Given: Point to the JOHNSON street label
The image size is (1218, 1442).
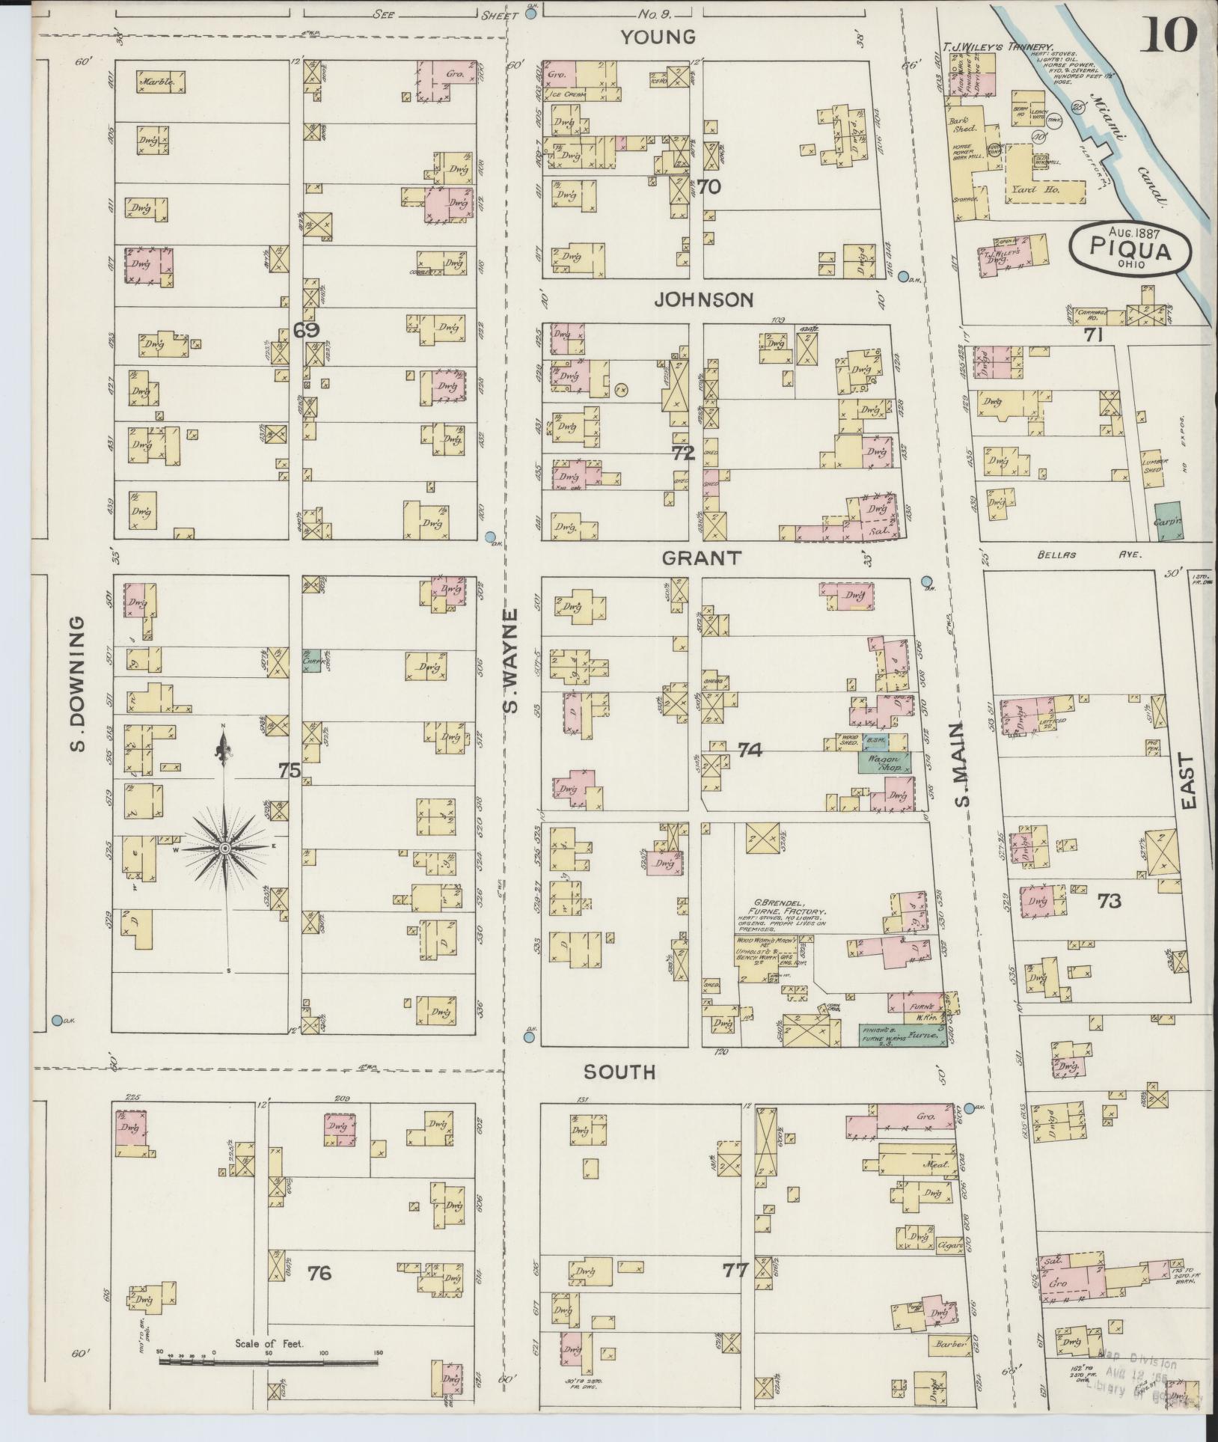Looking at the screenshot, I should coord(703,300).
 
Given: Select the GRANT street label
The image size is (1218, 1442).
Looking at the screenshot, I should coord(701,557).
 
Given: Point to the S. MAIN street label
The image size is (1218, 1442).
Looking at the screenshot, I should coord(962,765).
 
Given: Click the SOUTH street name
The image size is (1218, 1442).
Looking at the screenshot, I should coord(619,1072).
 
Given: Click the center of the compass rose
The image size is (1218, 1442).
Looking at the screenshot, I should coord(224,848).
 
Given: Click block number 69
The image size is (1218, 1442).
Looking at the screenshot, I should coord(307,330).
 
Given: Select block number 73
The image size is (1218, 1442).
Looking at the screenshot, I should coord(1109,901).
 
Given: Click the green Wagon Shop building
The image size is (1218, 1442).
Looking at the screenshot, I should coord(884,763).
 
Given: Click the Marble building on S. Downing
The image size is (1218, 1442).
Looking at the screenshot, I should coord(160,82).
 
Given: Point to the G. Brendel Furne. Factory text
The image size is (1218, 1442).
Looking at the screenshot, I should coord(780,912).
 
